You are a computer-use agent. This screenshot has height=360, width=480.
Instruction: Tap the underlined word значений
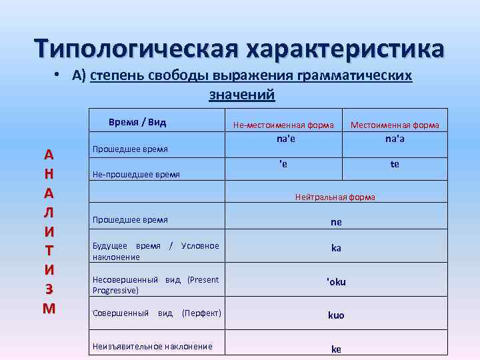tap(242, 95)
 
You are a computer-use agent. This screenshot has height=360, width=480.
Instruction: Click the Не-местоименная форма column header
tap(283, 125)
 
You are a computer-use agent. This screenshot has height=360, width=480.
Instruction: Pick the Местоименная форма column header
tap(395, 125)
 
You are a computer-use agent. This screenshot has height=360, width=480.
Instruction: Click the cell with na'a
tap(395, 139)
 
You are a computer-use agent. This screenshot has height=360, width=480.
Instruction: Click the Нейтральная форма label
tap(335, 197)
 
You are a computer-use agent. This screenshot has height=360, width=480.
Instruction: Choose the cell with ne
tap(336, 222)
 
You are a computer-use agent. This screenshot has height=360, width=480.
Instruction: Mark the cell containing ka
tap(336, 247)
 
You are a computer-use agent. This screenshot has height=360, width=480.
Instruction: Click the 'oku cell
tap(336, 281)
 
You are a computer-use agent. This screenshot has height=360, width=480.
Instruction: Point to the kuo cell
tap(336, 314)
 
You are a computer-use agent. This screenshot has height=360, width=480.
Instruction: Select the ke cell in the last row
tap(336, 348)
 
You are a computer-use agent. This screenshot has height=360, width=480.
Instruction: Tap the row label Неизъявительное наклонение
tap(153, 346)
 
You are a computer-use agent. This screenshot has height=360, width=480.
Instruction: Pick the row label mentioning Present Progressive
tap(155, 285)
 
